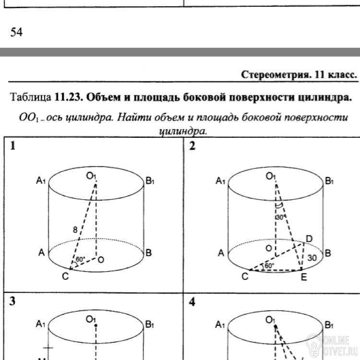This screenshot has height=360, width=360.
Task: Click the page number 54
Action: pyautogui.click(x=16, y=32)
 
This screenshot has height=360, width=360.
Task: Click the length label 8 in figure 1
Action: pyautogui.click(x=75, y=230)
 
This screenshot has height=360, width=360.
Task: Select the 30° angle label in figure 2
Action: pyautogui.click(x=281, y=217)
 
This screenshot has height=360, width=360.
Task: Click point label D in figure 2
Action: pyautogui.click(x=309, y=239)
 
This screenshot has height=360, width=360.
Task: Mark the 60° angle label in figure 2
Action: pyautogui.click(x=269, y=265)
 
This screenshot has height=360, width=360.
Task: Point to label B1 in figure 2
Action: pyautogui.click(x=329, y=181)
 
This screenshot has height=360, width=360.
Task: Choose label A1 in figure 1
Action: pyautogui.click(x=41, y=181)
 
